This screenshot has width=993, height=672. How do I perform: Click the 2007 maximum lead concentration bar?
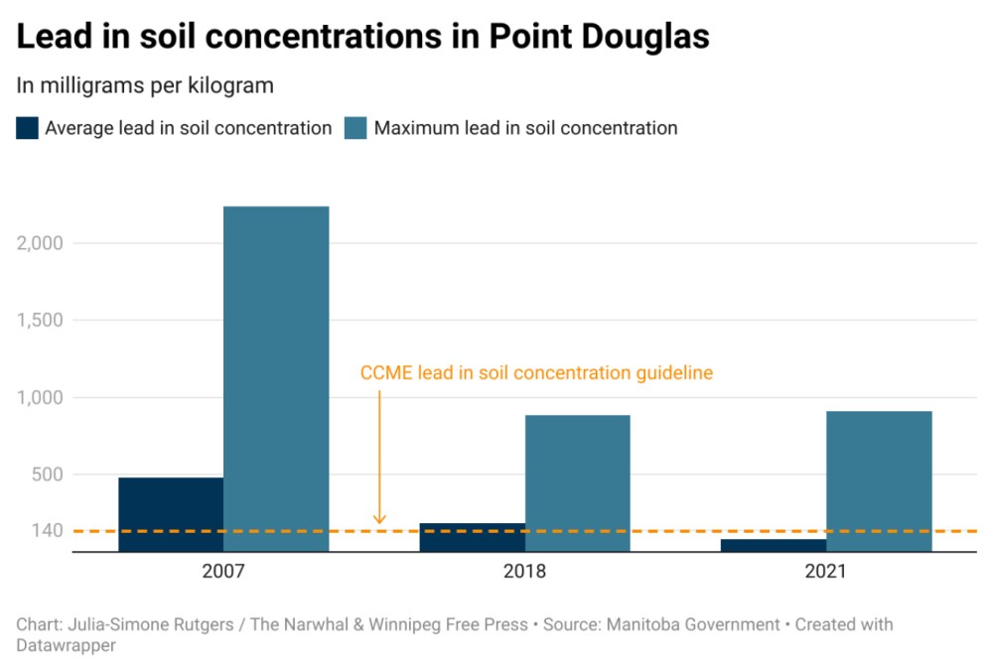coord(276,378)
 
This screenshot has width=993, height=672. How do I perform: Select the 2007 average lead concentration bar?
coord(171,514)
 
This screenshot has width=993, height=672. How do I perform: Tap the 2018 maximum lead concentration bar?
coord(577,482)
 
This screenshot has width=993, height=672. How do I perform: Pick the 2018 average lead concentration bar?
coord(472,537)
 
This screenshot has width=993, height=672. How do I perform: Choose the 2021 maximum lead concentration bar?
coord(879,480)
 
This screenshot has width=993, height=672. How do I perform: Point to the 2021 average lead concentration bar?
coord(774,545)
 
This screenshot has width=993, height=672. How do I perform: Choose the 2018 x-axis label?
coord(524,572)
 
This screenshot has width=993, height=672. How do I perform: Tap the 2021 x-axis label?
coord(825,572)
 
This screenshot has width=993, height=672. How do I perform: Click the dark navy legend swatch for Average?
coord(27,128)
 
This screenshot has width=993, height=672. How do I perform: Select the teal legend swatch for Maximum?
coord(355,128)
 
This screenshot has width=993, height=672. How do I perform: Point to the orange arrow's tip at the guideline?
coord(379,522)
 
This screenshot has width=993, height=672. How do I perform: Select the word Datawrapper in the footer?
coord(66,645)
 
